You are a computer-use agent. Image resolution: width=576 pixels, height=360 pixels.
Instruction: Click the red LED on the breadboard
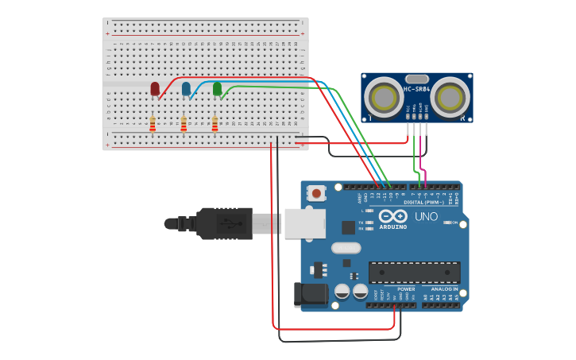point(155,88)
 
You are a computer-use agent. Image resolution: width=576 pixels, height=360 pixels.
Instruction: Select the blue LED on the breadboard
point(186,88)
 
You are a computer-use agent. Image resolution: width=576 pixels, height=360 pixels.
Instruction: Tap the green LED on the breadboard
point(217,88)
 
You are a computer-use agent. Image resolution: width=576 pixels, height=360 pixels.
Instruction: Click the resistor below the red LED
point(153,124)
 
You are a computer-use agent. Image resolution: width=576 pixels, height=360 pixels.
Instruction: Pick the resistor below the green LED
point(215,124)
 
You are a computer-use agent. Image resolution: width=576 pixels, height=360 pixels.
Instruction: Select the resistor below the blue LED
point(184,124)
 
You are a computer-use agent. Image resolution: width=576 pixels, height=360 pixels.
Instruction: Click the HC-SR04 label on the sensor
point(417,88)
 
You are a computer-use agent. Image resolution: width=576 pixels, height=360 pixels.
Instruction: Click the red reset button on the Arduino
point(317,192)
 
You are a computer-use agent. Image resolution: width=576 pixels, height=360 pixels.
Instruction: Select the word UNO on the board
point(427,216)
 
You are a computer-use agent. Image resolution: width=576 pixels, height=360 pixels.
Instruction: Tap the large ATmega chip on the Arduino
point(414,273)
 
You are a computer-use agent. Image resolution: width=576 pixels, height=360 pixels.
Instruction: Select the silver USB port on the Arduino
point(303,224)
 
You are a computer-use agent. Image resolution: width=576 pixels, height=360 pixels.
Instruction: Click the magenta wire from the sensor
point(425,159)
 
